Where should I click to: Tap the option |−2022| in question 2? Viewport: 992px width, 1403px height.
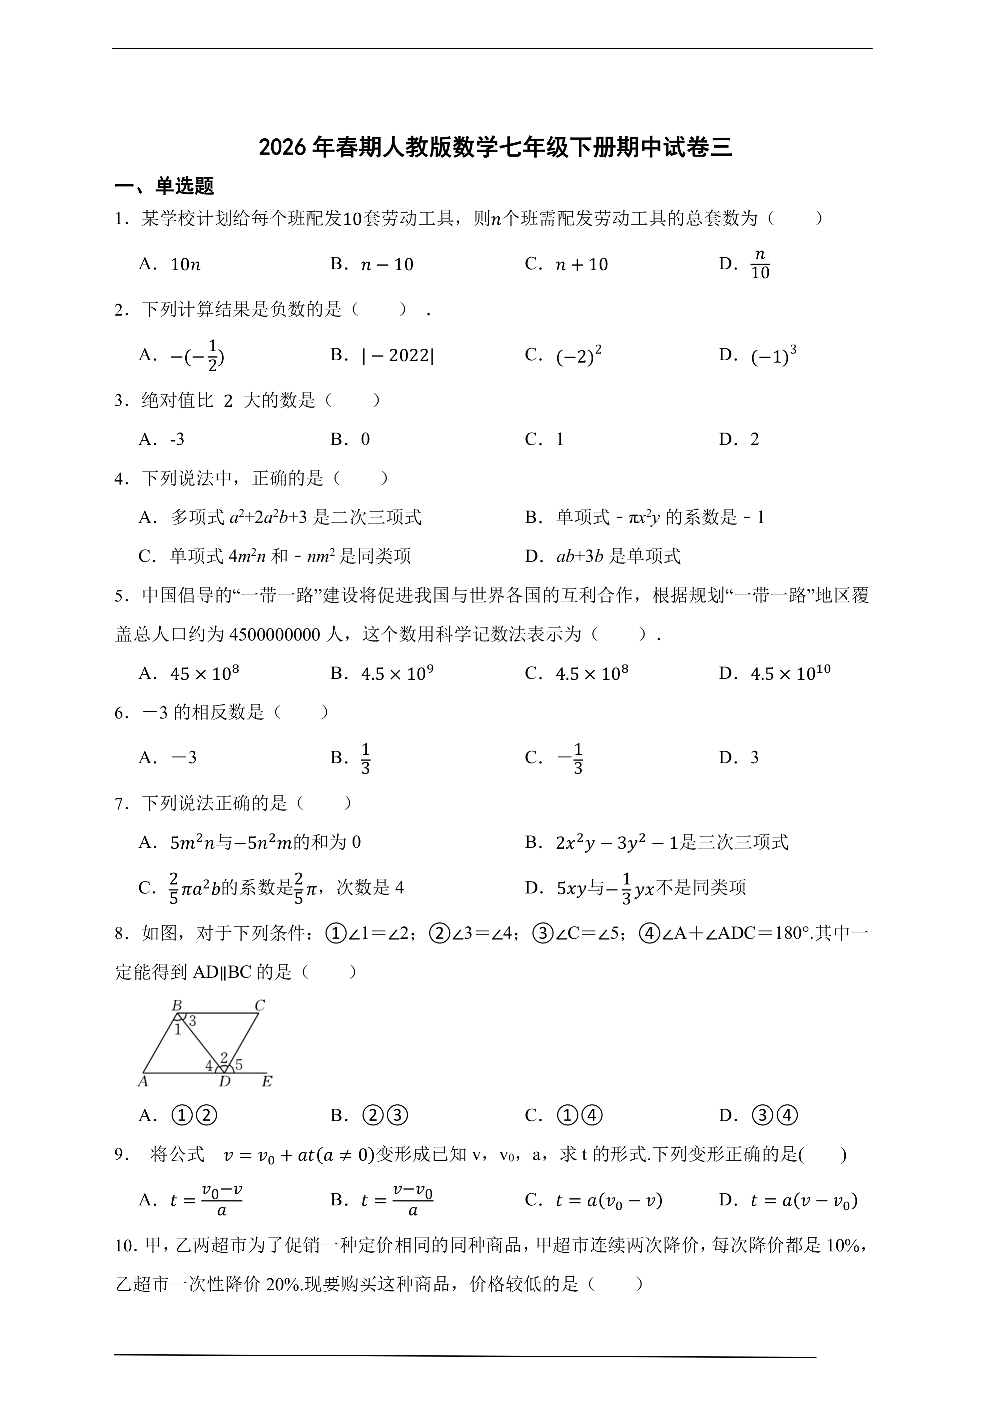pos(398,356)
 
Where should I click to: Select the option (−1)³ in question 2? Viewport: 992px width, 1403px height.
pos(773,356)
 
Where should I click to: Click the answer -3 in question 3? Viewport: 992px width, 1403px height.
pos(177,439)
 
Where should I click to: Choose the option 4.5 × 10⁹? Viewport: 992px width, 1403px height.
pos(398,674)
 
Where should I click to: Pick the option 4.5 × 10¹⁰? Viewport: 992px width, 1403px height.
pos(790,674)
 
